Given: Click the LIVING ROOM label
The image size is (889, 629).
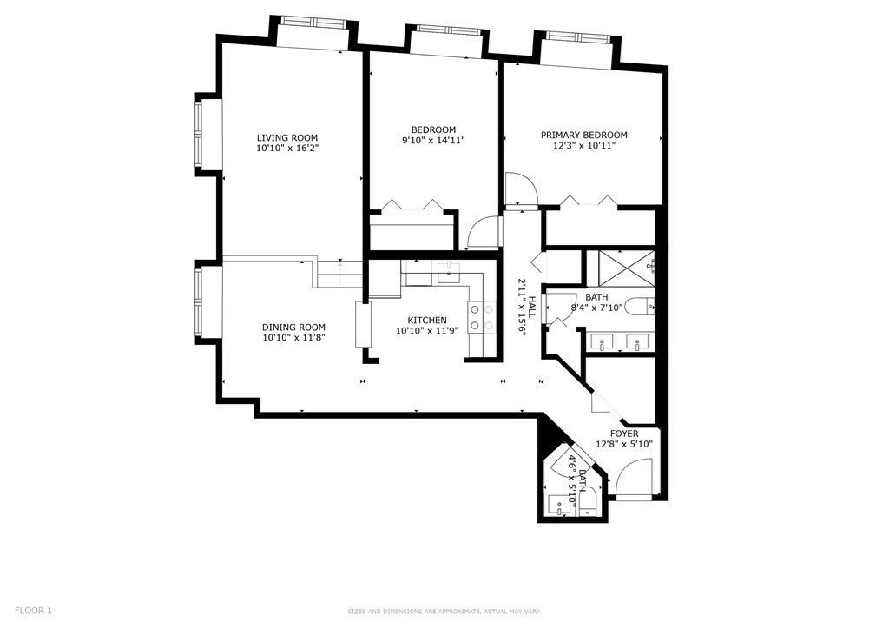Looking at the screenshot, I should tap(286, 137).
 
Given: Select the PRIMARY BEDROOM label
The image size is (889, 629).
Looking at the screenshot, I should tap(583, 135).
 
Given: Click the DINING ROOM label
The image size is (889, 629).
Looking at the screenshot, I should tap(293, 328).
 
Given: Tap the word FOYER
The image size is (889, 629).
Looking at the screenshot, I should tap(624, 434).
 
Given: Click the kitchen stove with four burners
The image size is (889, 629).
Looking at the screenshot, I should tap(476, 317).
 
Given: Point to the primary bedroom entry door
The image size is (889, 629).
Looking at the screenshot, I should tap(521, 189).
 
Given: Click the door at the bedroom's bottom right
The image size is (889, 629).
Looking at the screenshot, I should tap(483, 233).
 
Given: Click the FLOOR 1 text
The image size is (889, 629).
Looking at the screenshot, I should tap(33, 611).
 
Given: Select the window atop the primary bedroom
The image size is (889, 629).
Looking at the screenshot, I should tap(577, 38).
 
